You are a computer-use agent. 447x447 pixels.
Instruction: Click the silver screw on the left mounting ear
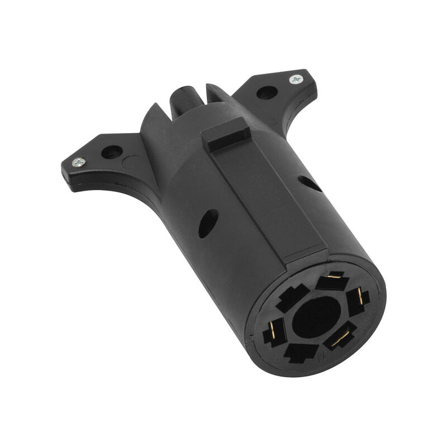[79, 162]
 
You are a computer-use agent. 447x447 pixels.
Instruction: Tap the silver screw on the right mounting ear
[296, 79]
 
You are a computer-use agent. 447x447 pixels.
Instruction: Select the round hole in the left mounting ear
[112, 151]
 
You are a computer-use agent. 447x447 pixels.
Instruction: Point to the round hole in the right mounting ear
[267, 93]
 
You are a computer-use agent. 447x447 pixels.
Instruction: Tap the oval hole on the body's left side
[208, 223]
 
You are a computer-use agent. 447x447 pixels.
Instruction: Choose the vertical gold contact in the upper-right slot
[359, 297]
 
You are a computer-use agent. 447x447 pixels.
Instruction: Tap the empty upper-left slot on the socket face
[292, 297]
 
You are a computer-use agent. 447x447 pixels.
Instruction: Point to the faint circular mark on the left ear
[130, 163]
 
